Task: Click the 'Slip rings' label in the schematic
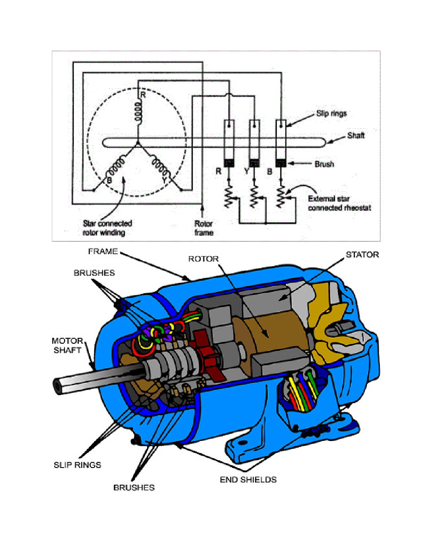pyautogui.click(x=331, y=113)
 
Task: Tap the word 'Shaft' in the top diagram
pyautogui.click(x=356, y=135)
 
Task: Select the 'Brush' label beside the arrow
pyautogui.click(x=324, y=164)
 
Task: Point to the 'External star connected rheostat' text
pyautogui.click(x=339, y=203)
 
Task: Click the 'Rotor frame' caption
pyautogui.click(x=204, y=228)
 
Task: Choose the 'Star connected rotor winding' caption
pyautogui.click(x=107, y=228)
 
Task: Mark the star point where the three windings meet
pyautogui.click(x=138, y=143)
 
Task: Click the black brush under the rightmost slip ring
pyautogui.click(x=281, y=163)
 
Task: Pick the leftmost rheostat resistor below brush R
pyautogui.click(x=228, y=197)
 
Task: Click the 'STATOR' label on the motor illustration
pyautogui.click(x=362, y=254)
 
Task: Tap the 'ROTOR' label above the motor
pyautogui.click(x=203, y=259)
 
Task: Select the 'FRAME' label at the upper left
pyautogui.click(x=102, y=251)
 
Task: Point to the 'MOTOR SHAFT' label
pyautogui.click(x=67, y=345)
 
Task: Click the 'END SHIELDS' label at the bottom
pyautogui.click(x=248, y=479)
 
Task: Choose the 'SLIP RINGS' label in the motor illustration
pyautogui.click(x=77, y=465)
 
